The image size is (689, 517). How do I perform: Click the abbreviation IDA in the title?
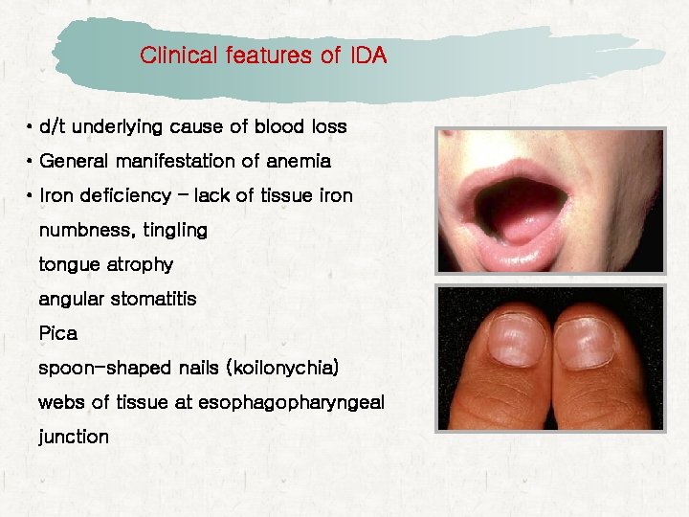(x=367, y=56)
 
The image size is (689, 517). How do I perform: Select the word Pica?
(x=57, y=334)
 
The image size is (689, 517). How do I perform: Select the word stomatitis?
(x=154, y=299)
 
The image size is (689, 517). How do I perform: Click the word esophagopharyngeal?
(x=291, y=402)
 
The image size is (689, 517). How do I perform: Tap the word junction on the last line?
(x=74, y=437)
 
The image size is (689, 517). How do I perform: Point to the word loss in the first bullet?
(x=327, y=126)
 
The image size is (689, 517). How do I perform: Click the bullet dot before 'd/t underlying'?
(x=31, y=126)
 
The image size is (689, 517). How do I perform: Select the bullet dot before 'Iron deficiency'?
(x=31, y=195)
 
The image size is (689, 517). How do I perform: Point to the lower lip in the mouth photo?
(x=526, y=257)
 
